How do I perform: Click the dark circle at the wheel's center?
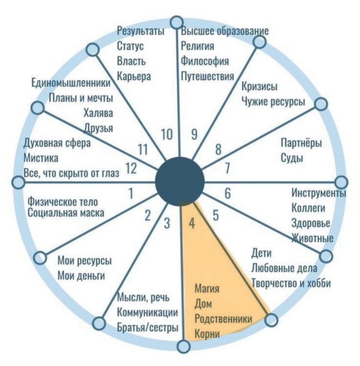[180, 181]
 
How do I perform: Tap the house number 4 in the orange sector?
[192, 224]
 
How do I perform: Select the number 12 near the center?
[131, 168]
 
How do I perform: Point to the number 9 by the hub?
[194, 135]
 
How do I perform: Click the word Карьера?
[134, 77]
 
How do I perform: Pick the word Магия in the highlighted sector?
[207, 289]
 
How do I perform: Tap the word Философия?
[205, 61]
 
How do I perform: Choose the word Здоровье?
[311, 223]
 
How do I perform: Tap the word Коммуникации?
[147, 312]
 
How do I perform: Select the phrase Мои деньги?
[81, 276]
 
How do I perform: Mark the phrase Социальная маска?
[66, 213]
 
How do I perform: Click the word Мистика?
[41, 158]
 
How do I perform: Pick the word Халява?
[98, 113]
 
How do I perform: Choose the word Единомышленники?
[71, 83]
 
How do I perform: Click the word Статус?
[130, 46]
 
